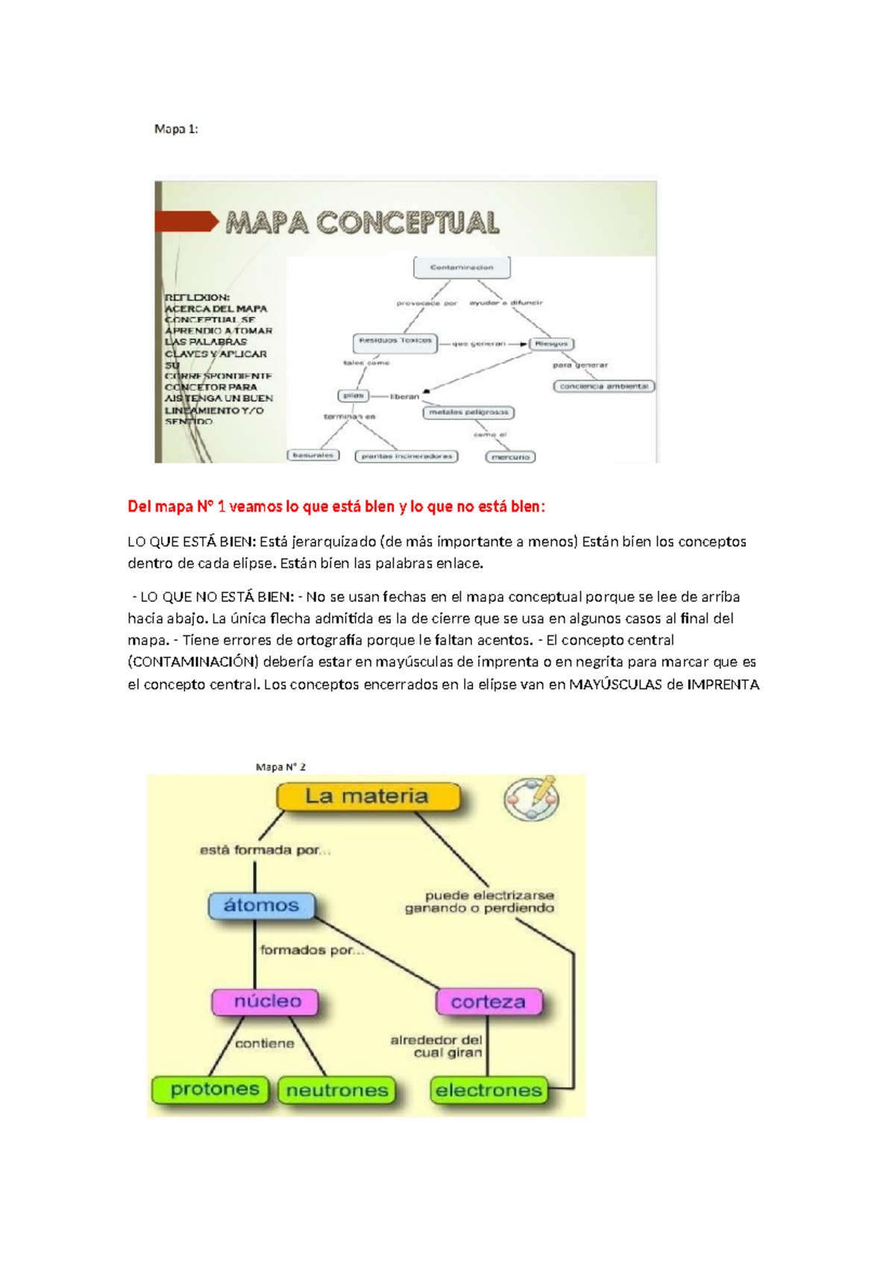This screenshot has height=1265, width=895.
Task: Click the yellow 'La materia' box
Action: pos(368,797)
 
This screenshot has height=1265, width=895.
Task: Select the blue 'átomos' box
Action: pos(261,905)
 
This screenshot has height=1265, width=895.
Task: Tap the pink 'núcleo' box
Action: pos(266,1002)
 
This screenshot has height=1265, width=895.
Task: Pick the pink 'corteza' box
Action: pos(488,1002)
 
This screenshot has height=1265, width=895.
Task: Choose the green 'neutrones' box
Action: pos(337,1090)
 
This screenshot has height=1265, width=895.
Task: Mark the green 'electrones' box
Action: pos(489,1090)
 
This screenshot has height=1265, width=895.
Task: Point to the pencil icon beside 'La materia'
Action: pos(533,799)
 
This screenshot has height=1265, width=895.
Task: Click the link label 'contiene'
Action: pos(265,1043)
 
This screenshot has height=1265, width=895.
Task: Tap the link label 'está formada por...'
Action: pos(265,850)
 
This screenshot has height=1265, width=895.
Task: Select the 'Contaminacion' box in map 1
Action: pos(462,267)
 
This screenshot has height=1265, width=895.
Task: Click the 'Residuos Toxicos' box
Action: pos(395,342)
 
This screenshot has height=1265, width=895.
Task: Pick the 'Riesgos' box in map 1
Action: pos(552,344)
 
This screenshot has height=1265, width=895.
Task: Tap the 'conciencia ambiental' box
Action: pos(604,386)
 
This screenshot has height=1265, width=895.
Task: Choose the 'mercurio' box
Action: pos(511,456)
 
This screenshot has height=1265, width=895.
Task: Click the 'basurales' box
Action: pos(313,455)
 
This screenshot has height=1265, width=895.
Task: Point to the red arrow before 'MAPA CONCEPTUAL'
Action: pos(186,222)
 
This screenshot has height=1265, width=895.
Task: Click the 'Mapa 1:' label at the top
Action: pos(176,129)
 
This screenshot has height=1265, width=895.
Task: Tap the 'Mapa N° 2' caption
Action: pos(280,767)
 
